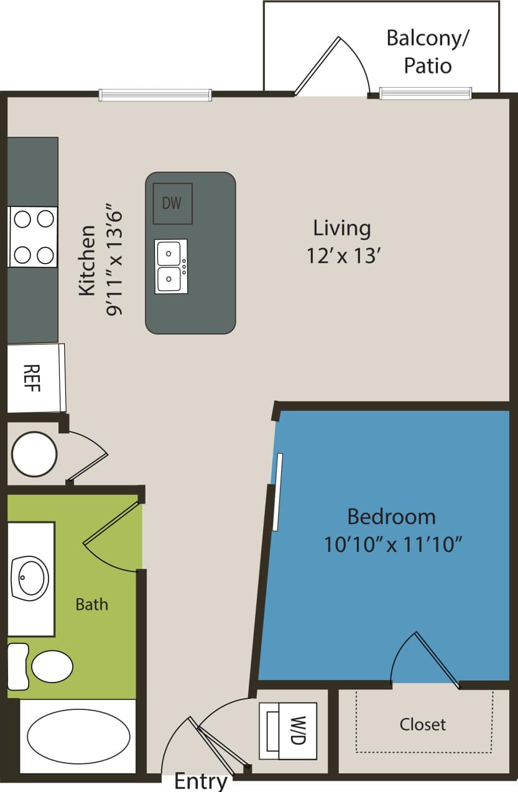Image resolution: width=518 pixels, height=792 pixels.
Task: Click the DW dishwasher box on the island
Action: [x=172, y=203]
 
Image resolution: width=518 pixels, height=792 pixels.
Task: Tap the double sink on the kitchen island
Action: [x=170, y=266]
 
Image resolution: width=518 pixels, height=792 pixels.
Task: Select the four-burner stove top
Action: [x=33, y=237]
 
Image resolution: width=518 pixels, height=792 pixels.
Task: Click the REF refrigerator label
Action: [x=32, y=377]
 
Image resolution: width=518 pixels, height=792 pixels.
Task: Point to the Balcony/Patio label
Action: [x=428, y=51]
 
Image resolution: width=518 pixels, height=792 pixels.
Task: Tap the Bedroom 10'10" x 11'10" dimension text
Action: [x=392, y=530]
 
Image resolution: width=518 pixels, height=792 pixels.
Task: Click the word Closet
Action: [x=423, y=724]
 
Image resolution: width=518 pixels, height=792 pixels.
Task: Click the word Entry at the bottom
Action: [x=201, y=781]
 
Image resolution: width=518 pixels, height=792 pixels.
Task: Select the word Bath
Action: [x=91, y=604]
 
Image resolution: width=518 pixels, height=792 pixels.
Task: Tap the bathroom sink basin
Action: [x=30, y=578]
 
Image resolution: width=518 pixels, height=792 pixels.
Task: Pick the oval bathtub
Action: [x=78, y=736]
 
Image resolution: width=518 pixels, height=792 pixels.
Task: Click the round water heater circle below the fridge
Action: [x=35, y=454]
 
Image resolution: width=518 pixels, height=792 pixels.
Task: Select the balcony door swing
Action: [x=333, y=65]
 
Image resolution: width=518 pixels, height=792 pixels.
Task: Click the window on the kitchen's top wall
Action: [x=155, y=95]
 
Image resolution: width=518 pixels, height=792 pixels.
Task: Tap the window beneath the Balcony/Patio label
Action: [x=425, y=94]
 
